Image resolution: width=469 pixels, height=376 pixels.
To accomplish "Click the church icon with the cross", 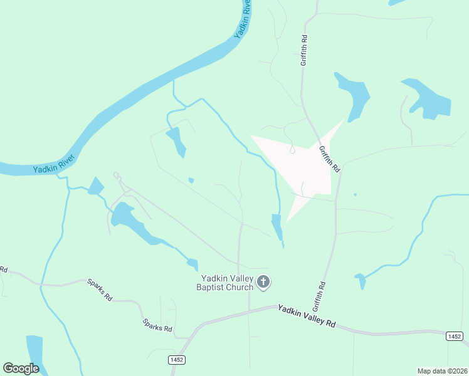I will pos(263,283).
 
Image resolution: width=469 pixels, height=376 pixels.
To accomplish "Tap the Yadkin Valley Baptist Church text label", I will pos(226,283).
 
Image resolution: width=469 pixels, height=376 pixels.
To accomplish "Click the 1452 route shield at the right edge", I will pos(455,337).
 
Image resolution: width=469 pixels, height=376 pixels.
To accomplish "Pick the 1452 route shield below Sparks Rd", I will pos(176,359).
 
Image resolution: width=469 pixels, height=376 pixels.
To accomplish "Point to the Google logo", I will pos(21,368).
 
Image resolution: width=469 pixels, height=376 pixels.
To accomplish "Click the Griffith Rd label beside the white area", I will pos(329,159).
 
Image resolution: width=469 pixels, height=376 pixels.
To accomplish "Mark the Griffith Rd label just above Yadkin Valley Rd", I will pos(319,296).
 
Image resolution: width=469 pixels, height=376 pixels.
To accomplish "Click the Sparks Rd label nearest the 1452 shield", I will pos(157,326).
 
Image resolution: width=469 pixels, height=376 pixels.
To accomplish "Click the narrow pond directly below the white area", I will pos(277,227).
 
